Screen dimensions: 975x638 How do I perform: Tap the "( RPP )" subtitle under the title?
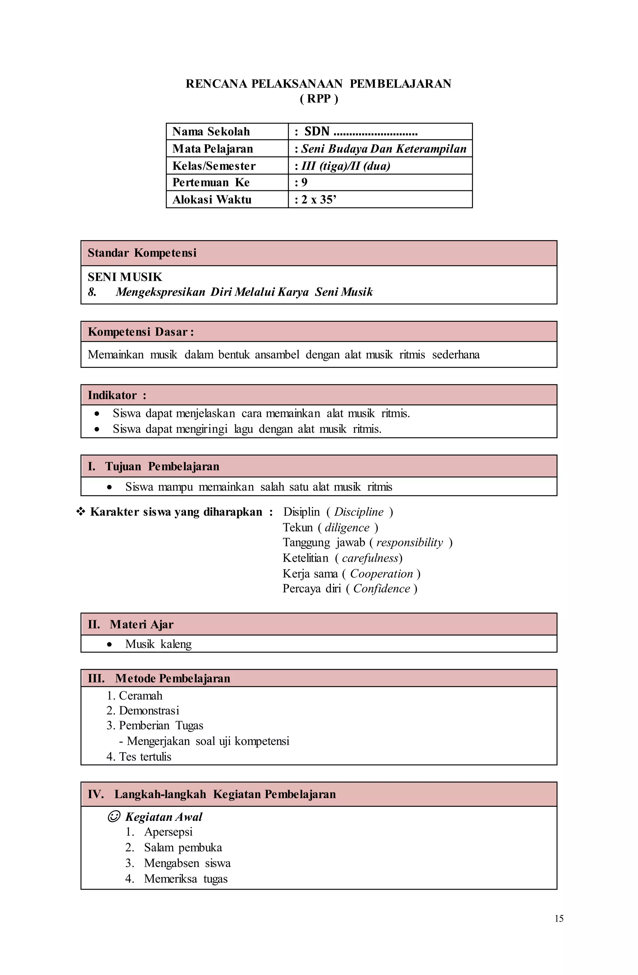[x=319, y=99]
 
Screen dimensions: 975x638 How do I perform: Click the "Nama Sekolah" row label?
[x=211, y=131]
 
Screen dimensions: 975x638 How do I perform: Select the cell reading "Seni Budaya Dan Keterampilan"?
[x=383, y=149]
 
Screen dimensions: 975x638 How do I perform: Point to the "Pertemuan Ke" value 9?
[x=304, y=182]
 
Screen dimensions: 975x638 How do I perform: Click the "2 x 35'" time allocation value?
[x=319, y=199]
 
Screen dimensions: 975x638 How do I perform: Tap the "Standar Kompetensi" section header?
[x=142, y=253]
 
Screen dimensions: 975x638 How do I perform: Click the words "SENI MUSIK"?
[x=125, y=277]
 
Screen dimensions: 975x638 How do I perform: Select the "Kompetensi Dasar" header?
[x=140, y=331]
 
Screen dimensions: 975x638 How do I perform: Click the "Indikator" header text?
[x=112, y=395]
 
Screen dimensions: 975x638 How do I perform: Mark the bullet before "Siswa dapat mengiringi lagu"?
[x=97, y=429]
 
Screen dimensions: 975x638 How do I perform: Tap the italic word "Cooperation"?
[x=381, y=573]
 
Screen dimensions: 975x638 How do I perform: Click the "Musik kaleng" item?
[x=158, y=644]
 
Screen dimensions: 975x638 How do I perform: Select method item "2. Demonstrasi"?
[x=143, y=710]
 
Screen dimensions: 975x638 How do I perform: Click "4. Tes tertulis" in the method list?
[x=139, y=756]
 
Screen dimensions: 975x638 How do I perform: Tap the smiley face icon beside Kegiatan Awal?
[x=113, y=817]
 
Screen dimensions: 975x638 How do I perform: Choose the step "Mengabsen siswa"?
[x=187, y=863]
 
